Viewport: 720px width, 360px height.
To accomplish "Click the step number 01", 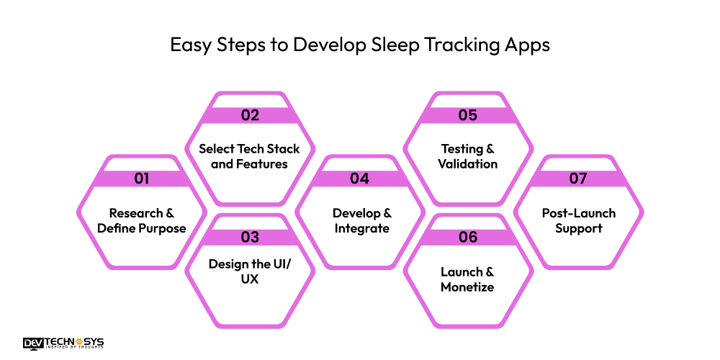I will pyautogui.click(x=141, y=179).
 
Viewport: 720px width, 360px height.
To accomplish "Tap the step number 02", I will pyautogui.click(x=250, y=115).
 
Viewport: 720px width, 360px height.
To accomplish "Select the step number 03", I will pyautogui.click(x=250, y=237).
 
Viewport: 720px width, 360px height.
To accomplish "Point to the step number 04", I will pyautogui.click(x=359, y=179).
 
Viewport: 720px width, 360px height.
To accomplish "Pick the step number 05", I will pyautogui.click(x=468, y=115).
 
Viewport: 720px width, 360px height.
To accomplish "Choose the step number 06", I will pyautogui.click(x=468, y=237).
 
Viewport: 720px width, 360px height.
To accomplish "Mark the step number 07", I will pyautogui.click(x=578, y=179).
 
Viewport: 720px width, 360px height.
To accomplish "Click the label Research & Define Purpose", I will pyautogui.click(x=142, y=221).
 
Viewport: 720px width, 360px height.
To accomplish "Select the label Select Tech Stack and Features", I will pyautogui.click(x=250, y=156).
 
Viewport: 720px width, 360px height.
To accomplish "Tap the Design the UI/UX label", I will pyautogui.click(x=250, y=271).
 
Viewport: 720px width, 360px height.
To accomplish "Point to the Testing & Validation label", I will pyautogui.click(x=468, y=156).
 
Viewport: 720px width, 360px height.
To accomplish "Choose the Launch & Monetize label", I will pyautogui.click(x=468, y=279).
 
